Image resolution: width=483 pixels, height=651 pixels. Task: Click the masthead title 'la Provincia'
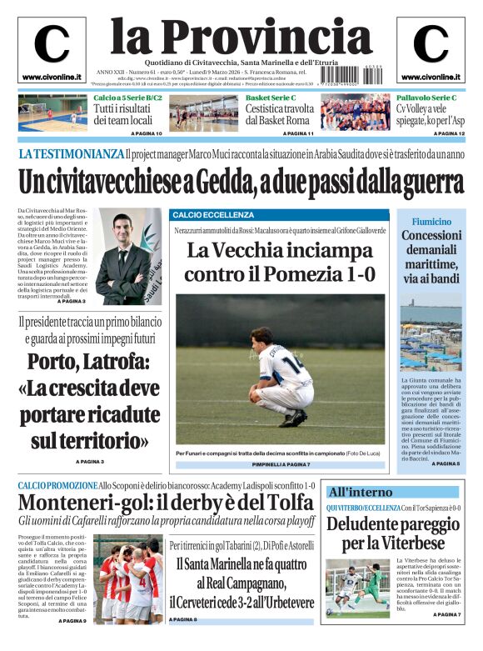(242, 35)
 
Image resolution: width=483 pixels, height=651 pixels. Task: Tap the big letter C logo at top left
(52, 44)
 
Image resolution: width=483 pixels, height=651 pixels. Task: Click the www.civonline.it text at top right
(431, 78)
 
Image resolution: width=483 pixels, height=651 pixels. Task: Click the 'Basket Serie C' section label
(271, 98)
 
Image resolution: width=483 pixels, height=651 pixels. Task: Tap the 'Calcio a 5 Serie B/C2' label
(128, 98)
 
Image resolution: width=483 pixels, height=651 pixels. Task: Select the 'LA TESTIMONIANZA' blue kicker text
(71, 154)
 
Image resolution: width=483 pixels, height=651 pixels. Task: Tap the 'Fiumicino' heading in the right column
(431, 223)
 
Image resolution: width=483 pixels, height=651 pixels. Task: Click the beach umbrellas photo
(431, 342)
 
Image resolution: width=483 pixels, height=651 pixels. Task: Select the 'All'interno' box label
(359, 492)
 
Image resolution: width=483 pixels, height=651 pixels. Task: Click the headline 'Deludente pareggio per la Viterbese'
(393, 533)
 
